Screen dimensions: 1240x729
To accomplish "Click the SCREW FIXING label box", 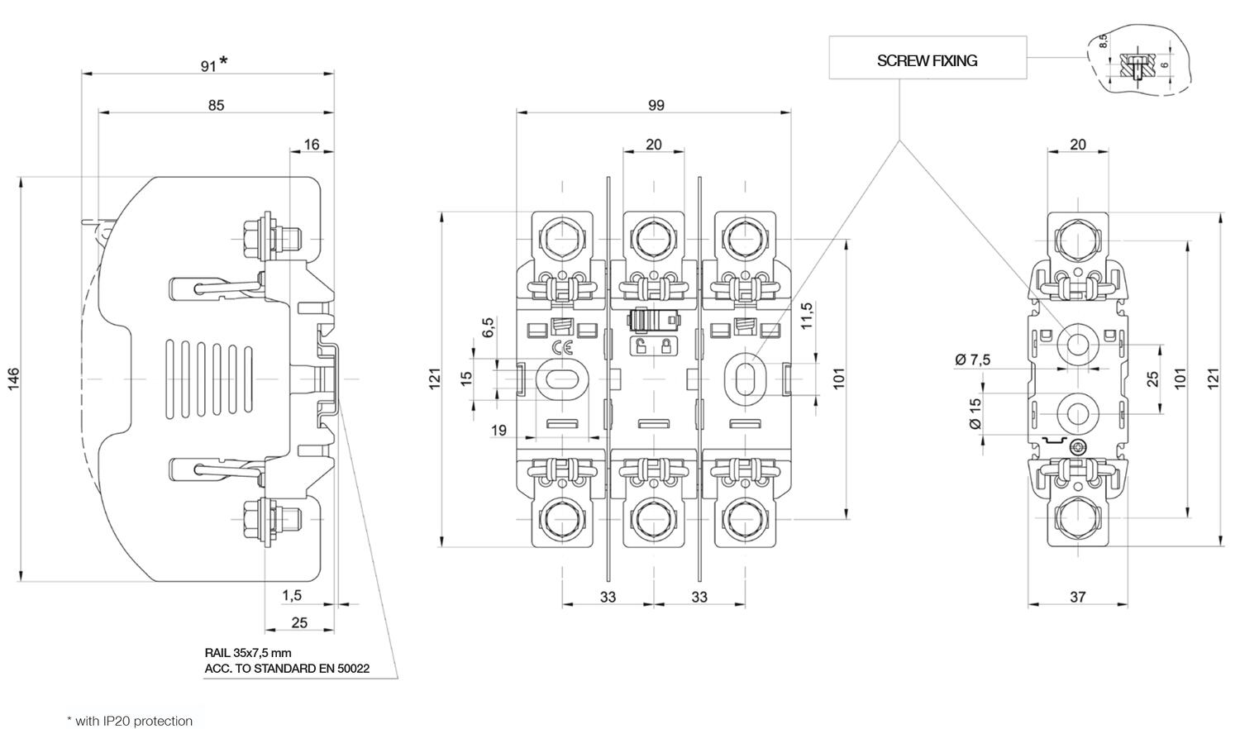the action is point(928,58).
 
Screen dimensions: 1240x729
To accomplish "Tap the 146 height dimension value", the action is point(13,379).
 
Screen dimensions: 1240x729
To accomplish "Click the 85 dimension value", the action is point(216,105).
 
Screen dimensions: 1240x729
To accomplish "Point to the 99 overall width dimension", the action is point(656,105).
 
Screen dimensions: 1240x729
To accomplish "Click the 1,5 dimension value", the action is point(292,596).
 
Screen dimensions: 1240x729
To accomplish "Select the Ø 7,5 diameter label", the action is point(973,360).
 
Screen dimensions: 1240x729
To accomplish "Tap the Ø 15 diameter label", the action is point(975,413).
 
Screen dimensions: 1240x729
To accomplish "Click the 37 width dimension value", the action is point(1077,597).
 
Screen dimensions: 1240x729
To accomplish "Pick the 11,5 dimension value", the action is point(807,316).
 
